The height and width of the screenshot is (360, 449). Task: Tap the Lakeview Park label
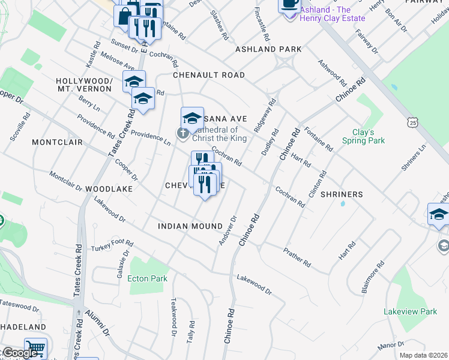[x=411, y=311]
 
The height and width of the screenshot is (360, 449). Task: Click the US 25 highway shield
[x=412, y=122]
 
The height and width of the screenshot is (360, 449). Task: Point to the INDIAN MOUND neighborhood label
[x=185, y=226]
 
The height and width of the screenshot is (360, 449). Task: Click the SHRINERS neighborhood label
[x=342, y=194]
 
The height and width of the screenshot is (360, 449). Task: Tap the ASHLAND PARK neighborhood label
[x=268, y=49]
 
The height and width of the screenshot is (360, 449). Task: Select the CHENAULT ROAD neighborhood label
[x=209, y=75]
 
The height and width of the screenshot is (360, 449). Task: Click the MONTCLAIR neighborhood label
[x=56, y=143]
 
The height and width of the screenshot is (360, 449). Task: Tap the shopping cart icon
[x=35, y=349]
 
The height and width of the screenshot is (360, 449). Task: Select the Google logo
[x=19, y=353]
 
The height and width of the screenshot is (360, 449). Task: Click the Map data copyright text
[x=424, y=355]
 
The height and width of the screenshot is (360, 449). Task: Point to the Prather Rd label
[x=298, y=259]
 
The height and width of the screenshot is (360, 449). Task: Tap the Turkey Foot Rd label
[x=112, y=245]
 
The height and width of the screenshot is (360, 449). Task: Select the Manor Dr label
[x=391, y=346]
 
